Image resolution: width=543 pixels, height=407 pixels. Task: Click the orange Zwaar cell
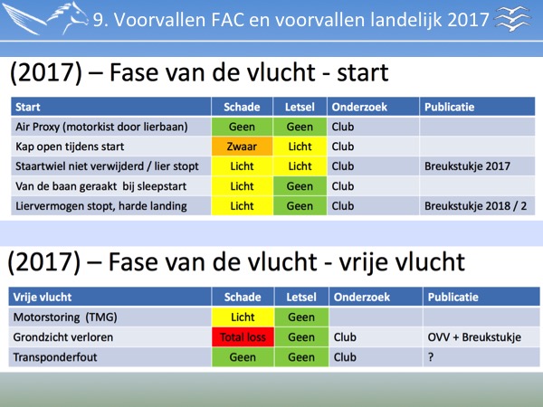(242, 147)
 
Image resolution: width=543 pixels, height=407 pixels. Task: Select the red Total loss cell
(243, 337)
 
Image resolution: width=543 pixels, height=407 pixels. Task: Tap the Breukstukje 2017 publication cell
(467, 166)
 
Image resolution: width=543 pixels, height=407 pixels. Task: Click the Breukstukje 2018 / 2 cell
(475, 206)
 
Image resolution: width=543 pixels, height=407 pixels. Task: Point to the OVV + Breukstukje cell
(474, 337)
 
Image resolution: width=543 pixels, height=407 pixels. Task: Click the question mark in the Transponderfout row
(431, 357)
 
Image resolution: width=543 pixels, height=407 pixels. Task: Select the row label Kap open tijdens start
(70, 147)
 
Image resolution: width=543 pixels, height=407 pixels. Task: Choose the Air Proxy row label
(101, 127)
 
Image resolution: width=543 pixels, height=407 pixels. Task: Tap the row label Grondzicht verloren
(63, 337)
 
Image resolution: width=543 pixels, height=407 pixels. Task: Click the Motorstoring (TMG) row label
(65, 317)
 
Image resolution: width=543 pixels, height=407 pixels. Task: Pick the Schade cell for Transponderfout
(243, 357)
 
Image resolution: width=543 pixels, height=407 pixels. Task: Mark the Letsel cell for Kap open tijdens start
(300, 147)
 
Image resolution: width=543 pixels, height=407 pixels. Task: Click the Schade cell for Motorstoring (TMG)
(243, 317)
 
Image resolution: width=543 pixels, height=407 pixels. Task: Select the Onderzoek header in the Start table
(359, 107)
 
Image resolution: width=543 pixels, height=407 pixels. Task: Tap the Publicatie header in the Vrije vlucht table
(453, 297)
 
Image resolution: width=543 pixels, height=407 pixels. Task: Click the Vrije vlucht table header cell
(110, 297)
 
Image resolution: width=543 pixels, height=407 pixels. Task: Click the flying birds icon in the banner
(513, 19)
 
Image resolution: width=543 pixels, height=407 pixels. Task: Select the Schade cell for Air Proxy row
(242, 127)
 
